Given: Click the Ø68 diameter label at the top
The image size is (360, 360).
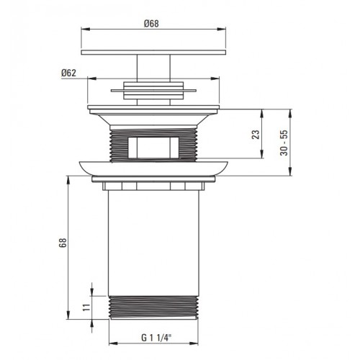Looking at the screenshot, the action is pos(151,24).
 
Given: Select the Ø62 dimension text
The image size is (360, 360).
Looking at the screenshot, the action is pos(68,73).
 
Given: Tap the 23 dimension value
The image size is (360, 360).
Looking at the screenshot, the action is pos(256,135).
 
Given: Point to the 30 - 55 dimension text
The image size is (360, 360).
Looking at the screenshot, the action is pos(284,143).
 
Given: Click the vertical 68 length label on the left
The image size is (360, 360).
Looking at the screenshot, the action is pos(63,243).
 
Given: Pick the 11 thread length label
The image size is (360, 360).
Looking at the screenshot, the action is pos(86,307).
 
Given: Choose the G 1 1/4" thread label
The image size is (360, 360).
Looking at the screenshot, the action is pos(156,338).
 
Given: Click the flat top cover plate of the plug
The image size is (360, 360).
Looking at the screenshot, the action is pos(153,53).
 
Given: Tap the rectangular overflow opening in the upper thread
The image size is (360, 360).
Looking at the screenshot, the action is pos(153,148).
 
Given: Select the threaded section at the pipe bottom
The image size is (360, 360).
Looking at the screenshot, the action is pos(153,307).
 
